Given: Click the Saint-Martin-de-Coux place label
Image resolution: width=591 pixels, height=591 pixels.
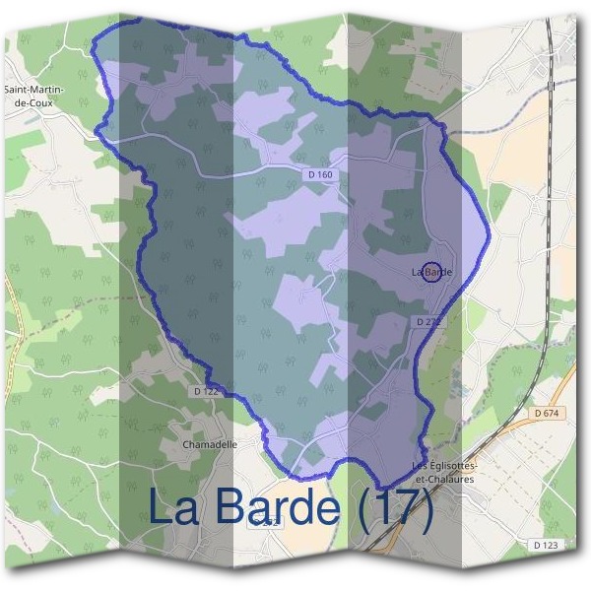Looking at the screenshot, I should tap(34, 95).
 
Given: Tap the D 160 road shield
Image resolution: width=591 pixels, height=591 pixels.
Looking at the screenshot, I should tap(318, 174).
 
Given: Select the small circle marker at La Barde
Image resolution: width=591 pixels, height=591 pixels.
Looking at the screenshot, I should tap(429, 272).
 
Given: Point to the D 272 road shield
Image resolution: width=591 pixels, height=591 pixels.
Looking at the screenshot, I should tap(428, 322).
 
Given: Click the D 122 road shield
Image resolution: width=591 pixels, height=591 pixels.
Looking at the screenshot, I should tap(206, 391).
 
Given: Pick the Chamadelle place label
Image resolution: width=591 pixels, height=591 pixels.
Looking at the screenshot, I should tap(211, 444).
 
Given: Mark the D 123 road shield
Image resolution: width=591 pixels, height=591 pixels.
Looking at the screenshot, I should tap(545, 545).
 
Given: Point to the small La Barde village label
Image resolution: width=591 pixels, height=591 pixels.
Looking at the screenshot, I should tap(431, 271).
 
